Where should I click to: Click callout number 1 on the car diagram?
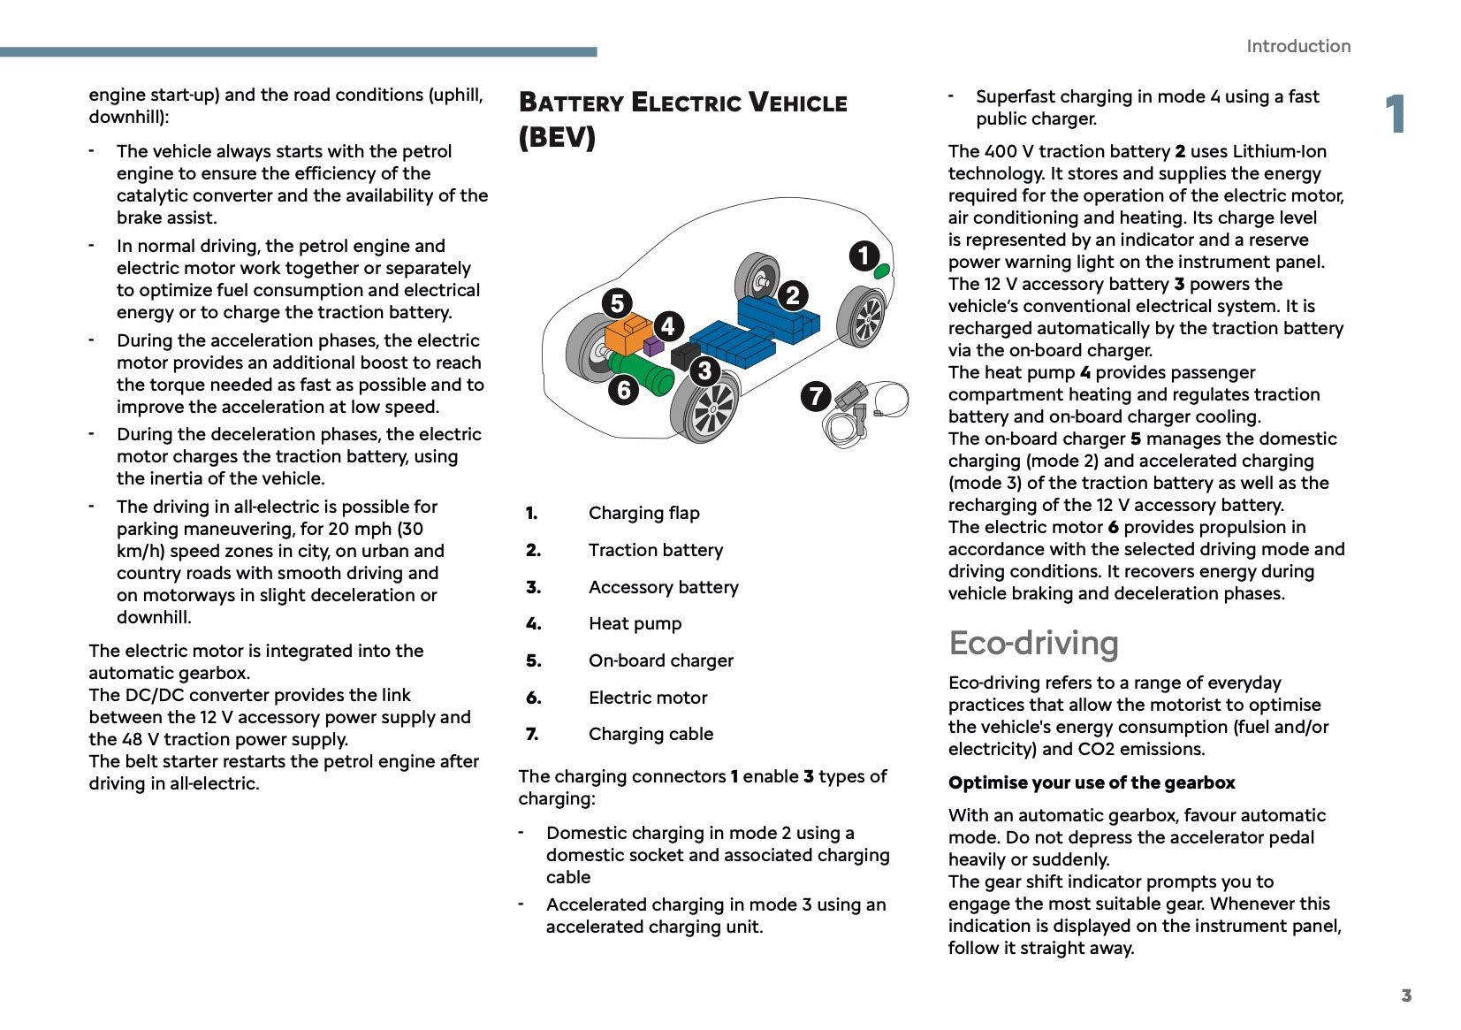coord(864,256)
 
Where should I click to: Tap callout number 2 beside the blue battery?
coord(793,294)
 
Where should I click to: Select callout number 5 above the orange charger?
coord(617,303)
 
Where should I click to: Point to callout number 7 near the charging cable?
coord(816,395)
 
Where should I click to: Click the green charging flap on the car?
coord(882,271)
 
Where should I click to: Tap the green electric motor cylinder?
coord(643,372)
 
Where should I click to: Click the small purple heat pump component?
coord(653,346)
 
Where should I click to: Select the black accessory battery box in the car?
coord(685,355)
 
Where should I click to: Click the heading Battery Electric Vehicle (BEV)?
coord(681,119)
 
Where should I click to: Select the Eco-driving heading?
coord(1033,643)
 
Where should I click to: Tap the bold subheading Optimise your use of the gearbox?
coord(1092,782)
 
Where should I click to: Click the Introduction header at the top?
coord(1297,46)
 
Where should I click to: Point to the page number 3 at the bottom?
coord(1406,996)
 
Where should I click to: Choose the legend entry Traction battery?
coord(655,550)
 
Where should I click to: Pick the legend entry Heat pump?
coord(635,623)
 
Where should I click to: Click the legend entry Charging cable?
coord(651,734)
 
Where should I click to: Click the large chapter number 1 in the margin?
coord(1396,115)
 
